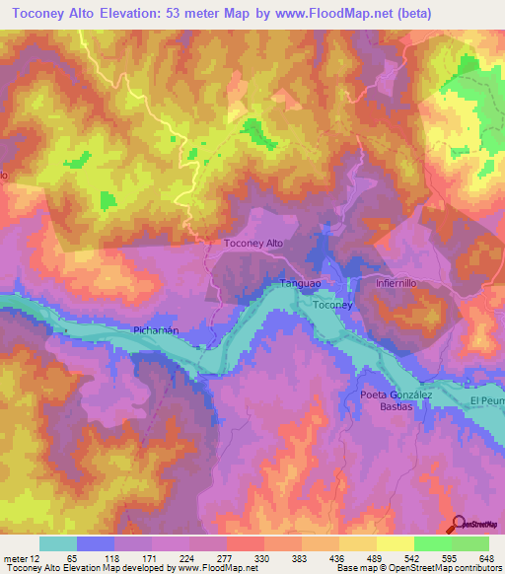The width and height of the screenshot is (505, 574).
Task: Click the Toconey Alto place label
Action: (x=254, y=243)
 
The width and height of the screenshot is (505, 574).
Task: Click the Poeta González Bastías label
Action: (x=396, y=400)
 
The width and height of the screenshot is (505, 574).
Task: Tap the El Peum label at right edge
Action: (x=486, y=401)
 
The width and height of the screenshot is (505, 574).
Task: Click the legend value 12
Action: (x=46, y=557)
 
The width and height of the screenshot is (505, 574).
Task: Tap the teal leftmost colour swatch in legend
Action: (x=57, y=543)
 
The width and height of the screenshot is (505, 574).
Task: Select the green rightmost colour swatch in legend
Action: (x=470, y=543)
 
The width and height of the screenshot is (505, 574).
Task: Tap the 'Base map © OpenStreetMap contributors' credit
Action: (x=417, y=568)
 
